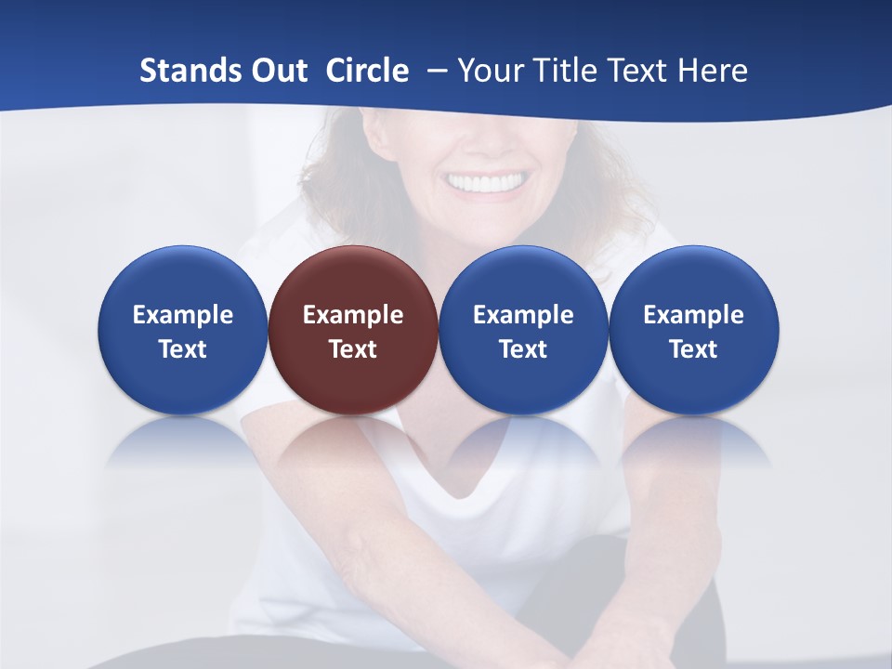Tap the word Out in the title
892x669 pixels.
coord(277,71)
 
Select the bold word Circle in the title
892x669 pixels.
coord(367,71)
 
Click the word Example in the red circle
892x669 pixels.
coord(353,315)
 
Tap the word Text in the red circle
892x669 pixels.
coord(353,349)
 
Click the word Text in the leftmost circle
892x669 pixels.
coord(182,349)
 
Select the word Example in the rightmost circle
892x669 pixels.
coord(694,315)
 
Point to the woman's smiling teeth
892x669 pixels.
coord(485,182)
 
